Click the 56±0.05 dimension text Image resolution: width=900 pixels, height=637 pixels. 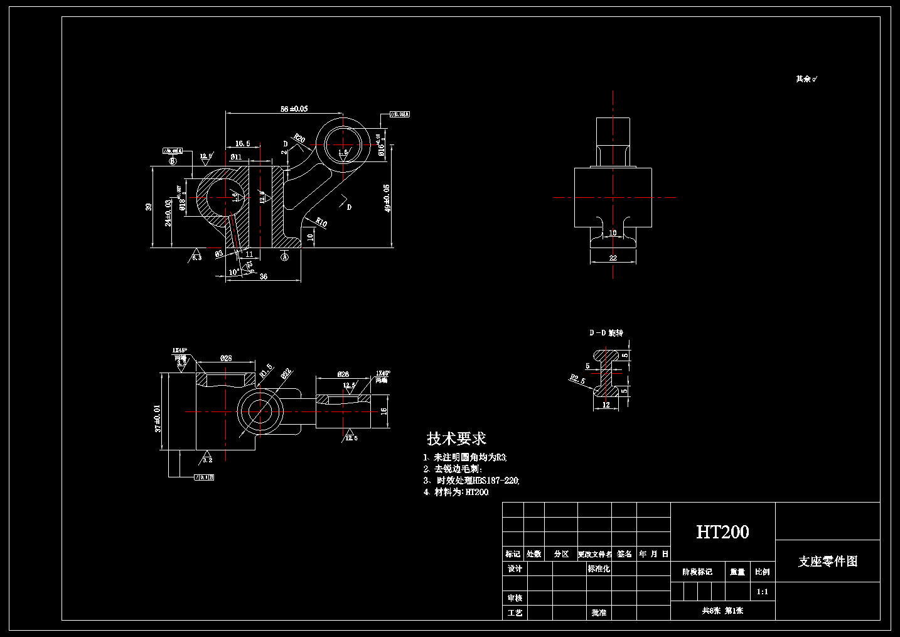294,109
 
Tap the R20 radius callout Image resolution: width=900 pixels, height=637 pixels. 299,138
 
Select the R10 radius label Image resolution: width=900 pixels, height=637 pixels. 321,222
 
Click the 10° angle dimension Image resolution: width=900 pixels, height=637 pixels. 234,272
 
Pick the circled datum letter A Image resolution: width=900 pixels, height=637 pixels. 284,256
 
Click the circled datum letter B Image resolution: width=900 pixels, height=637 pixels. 173,161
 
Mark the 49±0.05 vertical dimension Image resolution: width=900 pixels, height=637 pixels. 387,198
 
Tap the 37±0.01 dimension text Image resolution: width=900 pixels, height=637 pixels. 158,418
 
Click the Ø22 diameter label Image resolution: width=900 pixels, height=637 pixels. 286,374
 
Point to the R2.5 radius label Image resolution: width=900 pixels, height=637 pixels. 577,379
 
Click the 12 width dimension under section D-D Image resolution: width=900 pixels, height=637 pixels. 606,405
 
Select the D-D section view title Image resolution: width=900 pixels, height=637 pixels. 606,332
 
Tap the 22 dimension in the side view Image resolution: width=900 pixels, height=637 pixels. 613,258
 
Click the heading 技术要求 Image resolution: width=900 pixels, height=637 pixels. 456,438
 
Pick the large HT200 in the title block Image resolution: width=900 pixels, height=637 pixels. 722,532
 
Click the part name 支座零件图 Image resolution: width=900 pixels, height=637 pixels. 827,562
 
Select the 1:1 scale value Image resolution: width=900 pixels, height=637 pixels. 762,591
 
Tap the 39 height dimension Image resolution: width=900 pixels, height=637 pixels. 149,207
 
